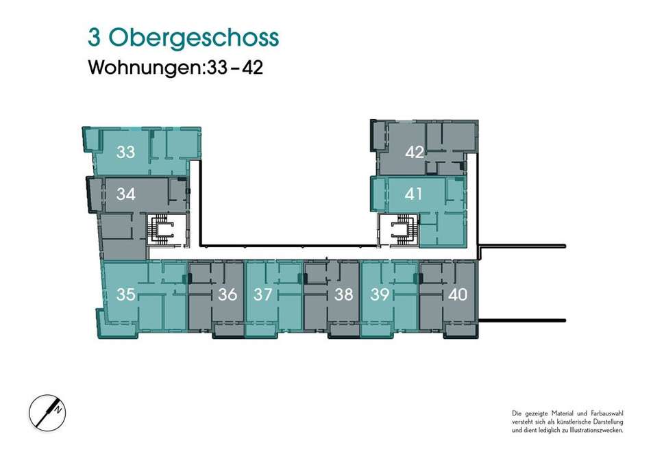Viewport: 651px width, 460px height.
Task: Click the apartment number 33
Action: click(x=126, y=152)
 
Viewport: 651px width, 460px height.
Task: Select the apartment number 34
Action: click(x=126, y=194)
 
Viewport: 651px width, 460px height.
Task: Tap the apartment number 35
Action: click(x=126, y=294)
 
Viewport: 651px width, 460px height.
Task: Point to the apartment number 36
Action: click(x=228, y=294)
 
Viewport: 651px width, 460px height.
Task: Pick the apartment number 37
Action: click(x=263, y=294)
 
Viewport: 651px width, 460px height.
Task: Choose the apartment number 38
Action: click(x=344, y=294)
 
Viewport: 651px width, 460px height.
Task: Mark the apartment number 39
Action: click(x=380, y=294)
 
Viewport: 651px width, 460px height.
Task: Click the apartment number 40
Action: click(x=458, y=294)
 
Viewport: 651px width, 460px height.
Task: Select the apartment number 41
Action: click(x=413, y=194)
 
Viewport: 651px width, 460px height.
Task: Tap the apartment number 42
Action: click(x=415, y=152)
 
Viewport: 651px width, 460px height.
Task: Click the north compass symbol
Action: click(x=47, y=413)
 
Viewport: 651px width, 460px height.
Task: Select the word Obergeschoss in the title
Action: click(x=193, y=38)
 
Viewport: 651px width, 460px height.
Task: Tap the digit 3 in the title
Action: click(x=95, y=38)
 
